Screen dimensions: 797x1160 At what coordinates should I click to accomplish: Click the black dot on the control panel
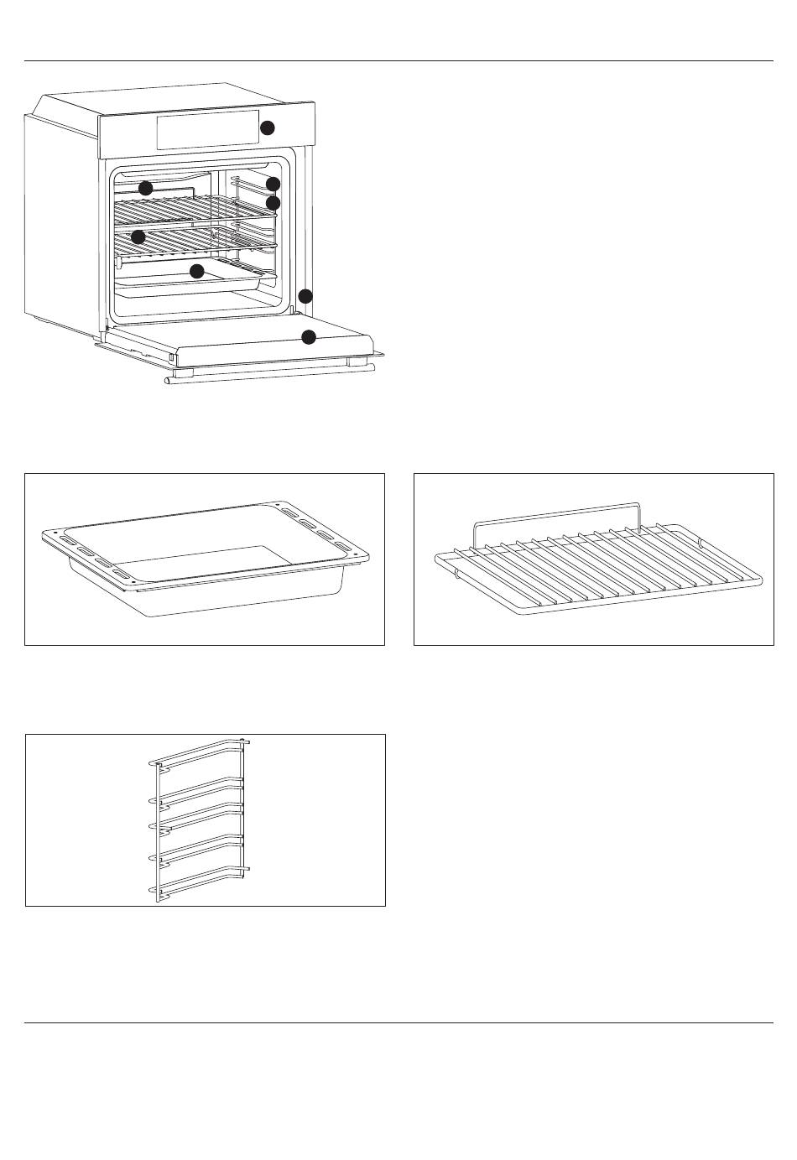(268, 127)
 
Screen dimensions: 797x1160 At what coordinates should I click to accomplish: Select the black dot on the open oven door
(309, 337)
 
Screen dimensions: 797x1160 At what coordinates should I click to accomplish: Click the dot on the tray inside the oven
(197, 271)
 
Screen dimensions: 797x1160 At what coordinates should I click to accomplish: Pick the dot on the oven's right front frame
(305, 296)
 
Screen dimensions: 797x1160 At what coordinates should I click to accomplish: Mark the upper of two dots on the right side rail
(273, 184)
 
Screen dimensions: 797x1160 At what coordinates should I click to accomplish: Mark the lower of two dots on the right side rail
(272, 203)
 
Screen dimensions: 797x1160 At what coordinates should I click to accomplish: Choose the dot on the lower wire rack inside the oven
(138, 236)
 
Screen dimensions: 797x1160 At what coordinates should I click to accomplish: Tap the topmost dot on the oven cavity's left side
(146, 187)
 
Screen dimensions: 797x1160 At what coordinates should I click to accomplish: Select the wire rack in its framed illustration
(596, 570)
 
